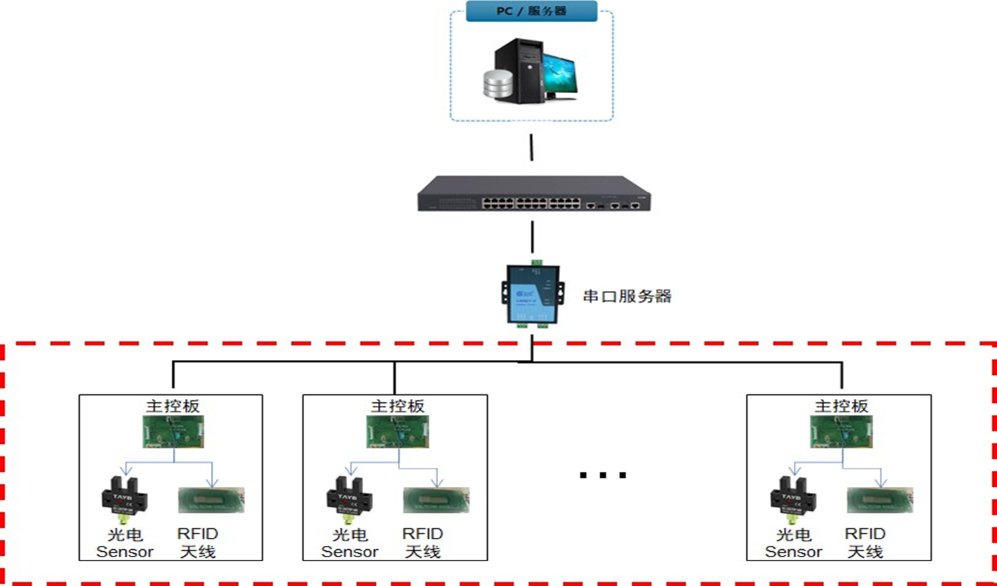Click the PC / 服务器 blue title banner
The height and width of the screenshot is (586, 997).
pos(531,11)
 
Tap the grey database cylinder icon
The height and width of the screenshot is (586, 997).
pos(498,83)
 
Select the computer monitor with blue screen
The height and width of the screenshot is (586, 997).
pos(559,74)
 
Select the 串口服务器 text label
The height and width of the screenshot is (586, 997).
pos(626,296)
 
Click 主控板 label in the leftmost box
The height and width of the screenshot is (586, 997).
pos(173,406)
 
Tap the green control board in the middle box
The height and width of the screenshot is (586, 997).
pos(397,432)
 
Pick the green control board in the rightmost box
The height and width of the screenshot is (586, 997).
pos(842,432)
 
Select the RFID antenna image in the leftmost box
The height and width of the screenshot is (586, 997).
pos(211,500)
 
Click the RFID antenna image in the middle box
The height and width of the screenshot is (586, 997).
pos(436,500)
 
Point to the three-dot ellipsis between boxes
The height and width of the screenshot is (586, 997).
pos(602,475)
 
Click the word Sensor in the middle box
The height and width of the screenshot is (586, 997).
pos(350,552)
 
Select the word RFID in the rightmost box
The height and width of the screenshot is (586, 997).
pos(865,534)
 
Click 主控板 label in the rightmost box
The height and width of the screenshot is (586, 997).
pos(842,406)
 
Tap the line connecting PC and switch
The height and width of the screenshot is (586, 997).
pos(532,148)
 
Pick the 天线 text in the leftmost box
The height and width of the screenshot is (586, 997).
pos(198,552)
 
